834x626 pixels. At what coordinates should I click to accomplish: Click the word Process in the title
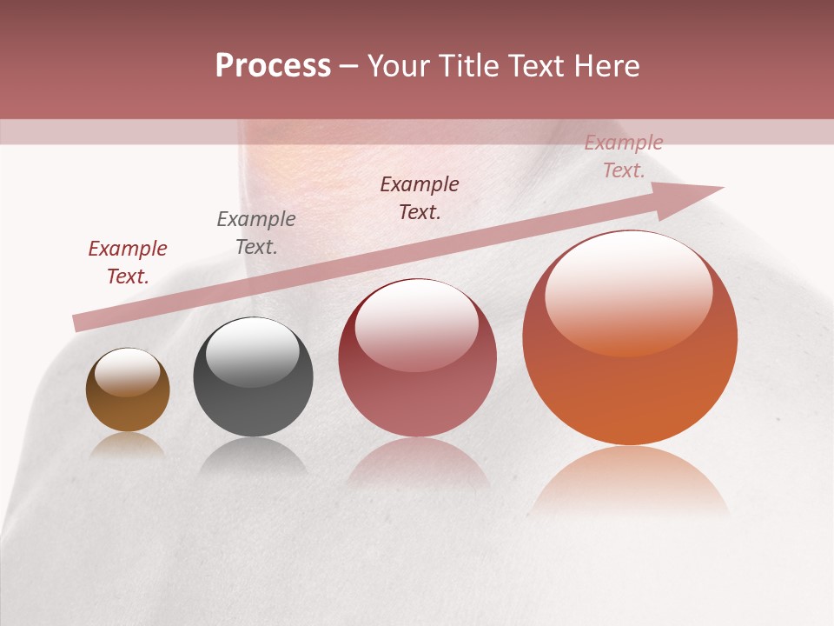click(x=273, y=66)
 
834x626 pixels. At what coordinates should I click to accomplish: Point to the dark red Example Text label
click(x=128, y=263)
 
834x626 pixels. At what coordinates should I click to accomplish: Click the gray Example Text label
click(x=256, y=233)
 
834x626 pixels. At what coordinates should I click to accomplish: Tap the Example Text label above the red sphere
click(x=420, y=198)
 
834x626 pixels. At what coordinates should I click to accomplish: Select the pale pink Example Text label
click(x=624, y=156)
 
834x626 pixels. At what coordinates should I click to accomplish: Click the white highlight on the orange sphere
click(x=628, y=291)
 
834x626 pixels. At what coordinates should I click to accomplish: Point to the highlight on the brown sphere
click(x=127, y=372)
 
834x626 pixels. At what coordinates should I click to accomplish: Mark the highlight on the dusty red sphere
click(x=416, y=326)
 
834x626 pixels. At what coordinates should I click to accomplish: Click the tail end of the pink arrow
click(x=80, y=323)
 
